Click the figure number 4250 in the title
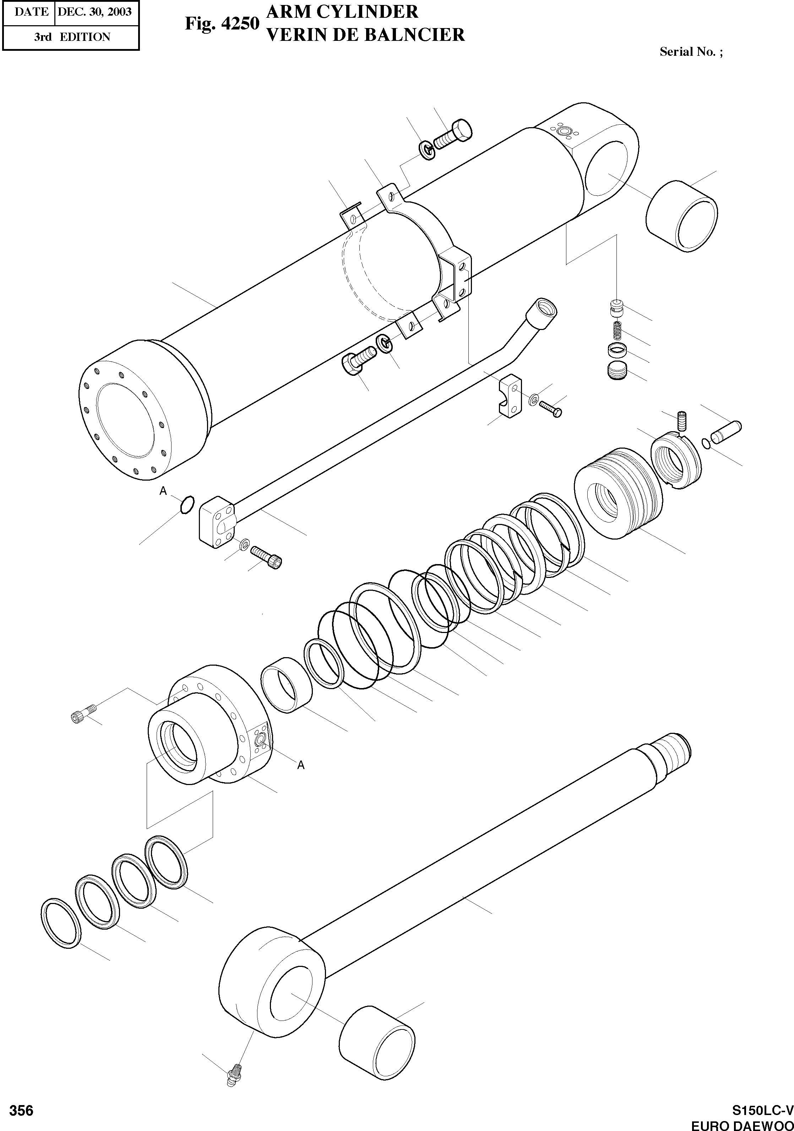pyautogui.click(x=239, y=23)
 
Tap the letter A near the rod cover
pyautogui.click(x=301, y=764)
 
